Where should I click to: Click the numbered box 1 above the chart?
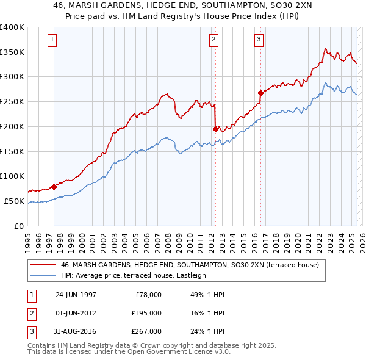(x=52, y=40)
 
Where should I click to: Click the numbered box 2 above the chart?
(x=214, y=40)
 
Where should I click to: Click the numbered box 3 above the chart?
(x=259, y=40)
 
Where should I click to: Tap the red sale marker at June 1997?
(x=54, y=187)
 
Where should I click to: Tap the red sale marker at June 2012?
(x=215, y=129)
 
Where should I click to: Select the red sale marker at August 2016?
(x=260, y=93)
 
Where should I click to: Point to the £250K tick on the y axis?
(x=12, y=101)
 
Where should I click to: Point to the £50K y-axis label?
(x=15, y=201)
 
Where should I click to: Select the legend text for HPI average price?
(x=134, y=276)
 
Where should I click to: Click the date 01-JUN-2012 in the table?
(x=76, y=313)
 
